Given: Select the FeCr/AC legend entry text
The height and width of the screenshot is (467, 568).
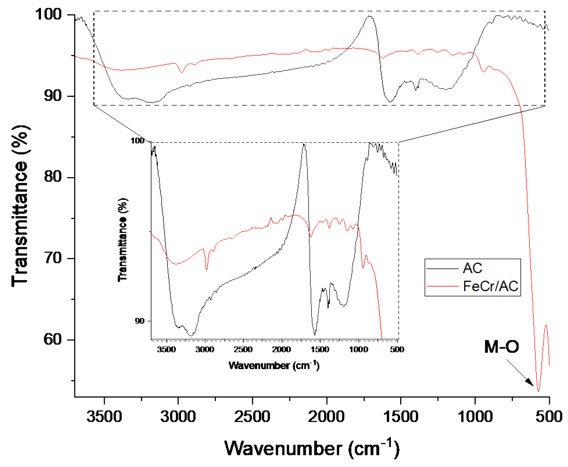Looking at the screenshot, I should pos(490,286).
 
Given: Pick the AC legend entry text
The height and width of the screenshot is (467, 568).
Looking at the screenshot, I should pos(472,268).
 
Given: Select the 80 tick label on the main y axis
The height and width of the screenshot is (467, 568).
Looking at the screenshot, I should pos(53,177).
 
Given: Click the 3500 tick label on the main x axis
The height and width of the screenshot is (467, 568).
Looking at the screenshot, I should pos(104,417).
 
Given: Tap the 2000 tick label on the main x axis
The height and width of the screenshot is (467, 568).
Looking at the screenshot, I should pos(326,417).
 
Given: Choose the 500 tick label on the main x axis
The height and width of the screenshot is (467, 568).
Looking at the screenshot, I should pos(549,417).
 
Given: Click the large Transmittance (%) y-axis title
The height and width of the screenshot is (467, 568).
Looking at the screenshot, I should pos(20,206).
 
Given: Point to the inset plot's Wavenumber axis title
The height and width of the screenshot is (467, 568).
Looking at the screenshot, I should pos(274,366).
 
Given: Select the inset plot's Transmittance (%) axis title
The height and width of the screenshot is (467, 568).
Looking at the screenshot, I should pos(123,240).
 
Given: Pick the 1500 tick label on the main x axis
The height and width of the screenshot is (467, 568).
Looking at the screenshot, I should pos(401,417).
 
